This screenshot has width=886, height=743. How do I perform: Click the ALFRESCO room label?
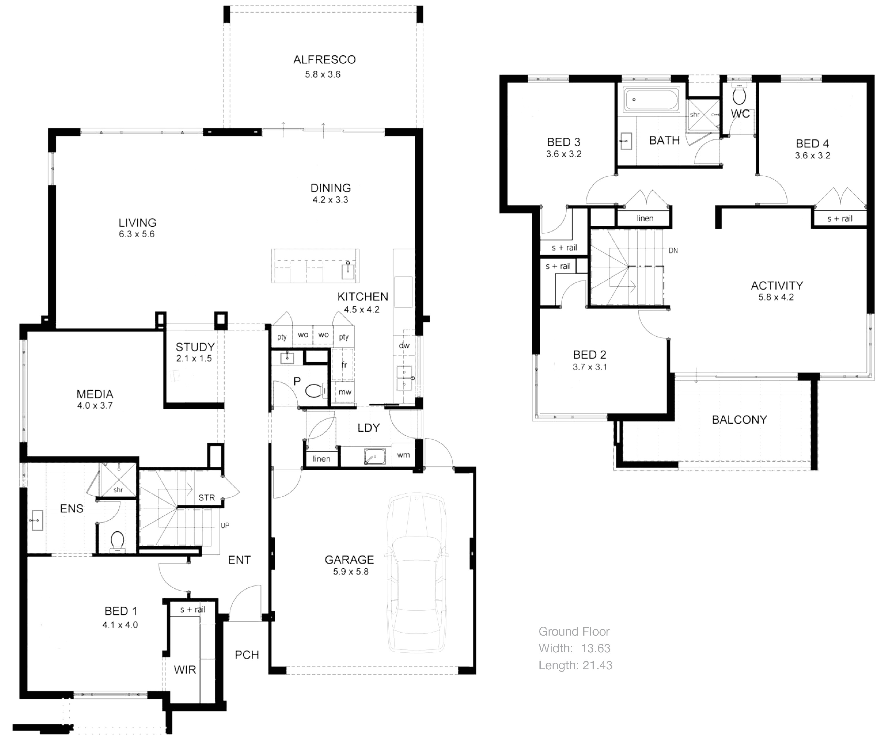324,60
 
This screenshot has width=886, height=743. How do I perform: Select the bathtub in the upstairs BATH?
652,100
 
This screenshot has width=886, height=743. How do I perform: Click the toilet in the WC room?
739,96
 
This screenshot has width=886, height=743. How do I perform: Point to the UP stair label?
225,525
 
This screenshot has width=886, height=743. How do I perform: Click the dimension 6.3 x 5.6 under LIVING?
137,234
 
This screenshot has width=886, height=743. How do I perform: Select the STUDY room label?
195,347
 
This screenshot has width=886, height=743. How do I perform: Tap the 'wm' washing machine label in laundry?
403,455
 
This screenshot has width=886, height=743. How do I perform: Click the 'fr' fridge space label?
344,365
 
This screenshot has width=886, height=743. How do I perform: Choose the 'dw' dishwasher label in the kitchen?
404,346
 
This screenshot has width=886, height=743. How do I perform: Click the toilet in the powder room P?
313,391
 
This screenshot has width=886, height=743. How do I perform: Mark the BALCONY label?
739,420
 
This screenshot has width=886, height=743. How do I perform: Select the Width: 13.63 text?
574,648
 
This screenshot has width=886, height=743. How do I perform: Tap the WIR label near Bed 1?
185,670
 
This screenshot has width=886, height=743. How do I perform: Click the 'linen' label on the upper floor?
645,218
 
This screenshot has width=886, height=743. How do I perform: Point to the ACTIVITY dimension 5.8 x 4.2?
776,297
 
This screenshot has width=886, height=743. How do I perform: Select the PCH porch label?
247,655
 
